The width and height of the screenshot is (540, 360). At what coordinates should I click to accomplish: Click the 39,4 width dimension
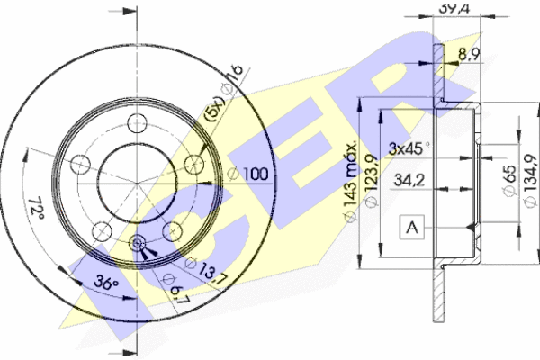click(x=450, y=8)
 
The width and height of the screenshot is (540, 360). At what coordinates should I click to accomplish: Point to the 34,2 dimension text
click(x=410, y=180)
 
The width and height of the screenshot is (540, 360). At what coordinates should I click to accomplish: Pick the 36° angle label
click(x=105, y=283)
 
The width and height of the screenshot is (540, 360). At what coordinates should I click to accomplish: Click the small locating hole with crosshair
click(x=139, y=244)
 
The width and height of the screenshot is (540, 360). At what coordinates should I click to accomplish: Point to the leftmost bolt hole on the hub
click(x=79, y=165)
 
